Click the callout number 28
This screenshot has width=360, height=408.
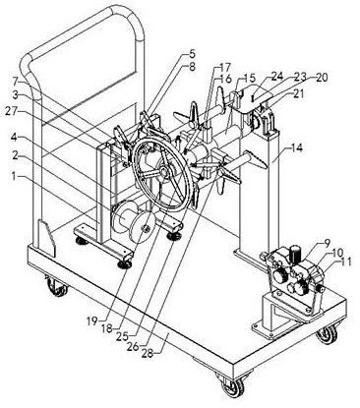[x=149, y=353]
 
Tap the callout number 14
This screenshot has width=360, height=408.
[x=296, y=148]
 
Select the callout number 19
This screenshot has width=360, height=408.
[x=92, y=321]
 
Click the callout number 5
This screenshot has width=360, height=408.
[x=192, y=53]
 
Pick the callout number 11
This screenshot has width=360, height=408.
[x=345, y=262]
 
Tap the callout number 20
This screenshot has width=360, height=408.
[x=322, y=78]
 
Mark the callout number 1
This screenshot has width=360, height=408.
[x=14, y=177]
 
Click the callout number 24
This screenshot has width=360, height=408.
[x=276, y=77]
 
